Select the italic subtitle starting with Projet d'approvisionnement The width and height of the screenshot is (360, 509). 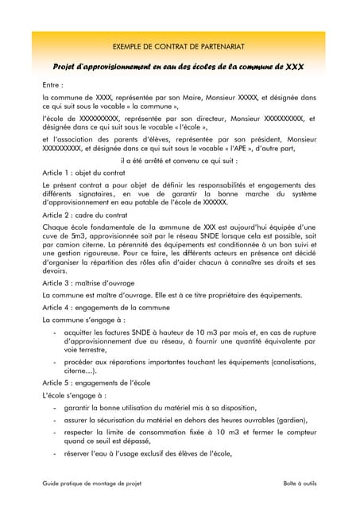tap(179, 67)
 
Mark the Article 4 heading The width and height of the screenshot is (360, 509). tap(104, 306)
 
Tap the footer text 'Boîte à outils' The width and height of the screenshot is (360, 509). tap(298, 484)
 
